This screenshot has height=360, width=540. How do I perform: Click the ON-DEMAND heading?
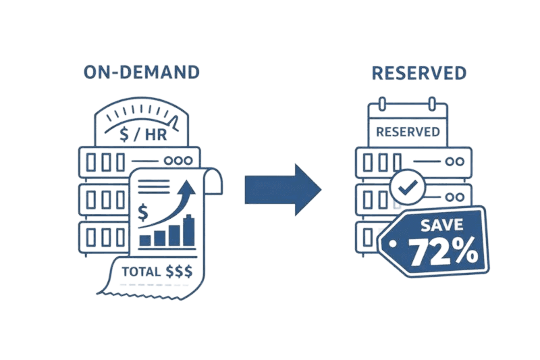pyautogui.click(x=141, y=72)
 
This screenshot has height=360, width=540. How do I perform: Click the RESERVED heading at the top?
pyautogui.click(x=418, y=72)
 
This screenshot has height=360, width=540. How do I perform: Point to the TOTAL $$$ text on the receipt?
pyautogui.click(x=157, y=272)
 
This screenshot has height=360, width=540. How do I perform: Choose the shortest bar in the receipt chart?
pyautogui.click(x=145, y=239)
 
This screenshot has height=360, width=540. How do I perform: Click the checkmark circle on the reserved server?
pyautogui.click(x=406, y=188)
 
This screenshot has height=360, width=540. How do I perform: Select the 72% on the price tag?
pyautogui.click(x=443, y=251)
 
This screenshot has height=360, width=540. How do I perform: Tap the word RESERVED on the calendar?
pyautogui.click(x=408, y=131)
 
